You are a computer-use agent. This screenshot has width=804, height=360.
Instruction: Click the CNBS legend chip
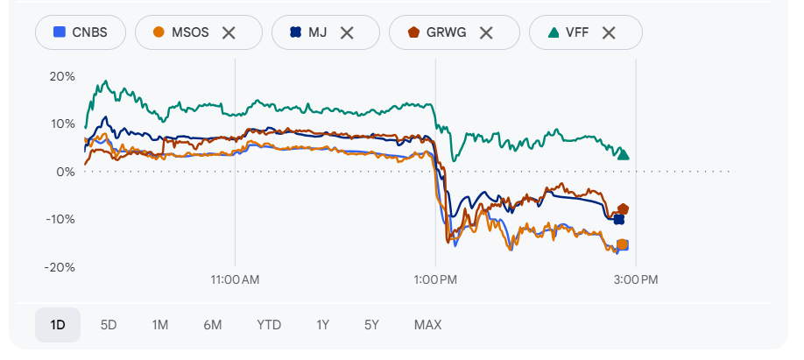point(81,32)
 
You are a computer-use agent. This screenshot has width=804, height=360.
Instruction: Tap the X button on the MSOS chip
point(229,32)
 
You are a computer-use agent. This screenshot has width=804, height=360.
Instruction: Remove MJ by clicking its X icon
point(347,32)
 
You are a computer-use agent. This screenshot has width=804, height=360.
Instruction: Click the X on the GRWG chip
point(486,32)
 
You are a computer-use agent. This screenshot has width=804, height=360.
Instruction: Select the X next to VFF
point(609,32)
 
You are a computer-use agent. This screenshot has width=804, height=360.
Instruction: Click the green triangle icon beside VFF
point(554,32)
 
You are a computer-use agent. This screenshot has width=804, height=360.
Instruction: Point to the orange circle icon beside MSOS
point(159,32)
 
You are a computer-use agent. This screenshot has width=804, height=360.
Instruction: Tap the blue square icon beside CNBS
point(60,32)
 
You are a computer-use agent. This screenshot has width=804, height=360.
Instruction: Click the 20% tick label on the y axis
point(62,76)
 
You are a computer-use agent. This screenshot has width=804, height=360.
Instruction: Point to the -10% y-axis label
point(60,219)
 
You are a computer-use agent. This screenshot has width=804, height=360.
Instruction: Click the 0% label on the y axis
point(66,172)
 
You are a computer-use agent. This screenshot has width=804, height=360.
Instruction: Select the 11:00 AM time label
point(235,279)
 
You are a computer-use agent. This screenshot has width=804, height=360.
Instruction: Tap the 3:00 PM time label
point(635,279)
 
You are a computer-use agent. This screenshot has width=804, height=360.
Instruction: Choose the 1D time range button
point(58,325)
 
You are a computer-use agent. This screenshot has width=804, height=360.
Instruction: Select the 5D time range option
point(109,325)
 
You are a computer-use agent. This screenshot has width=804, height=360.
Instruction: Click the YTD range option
point(269,325)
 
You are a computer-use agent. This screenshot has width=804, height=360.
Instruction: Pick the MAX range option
point(427,325)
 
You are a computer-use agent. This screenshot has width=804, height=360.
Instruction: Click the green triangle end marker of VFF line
point(624,154)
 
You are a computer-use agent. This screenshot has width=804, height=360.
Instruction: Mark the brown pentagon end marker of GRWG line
point(624,209)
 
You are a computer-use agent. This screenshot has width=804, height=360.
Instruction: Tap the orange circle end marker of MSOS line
point(623,244)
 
